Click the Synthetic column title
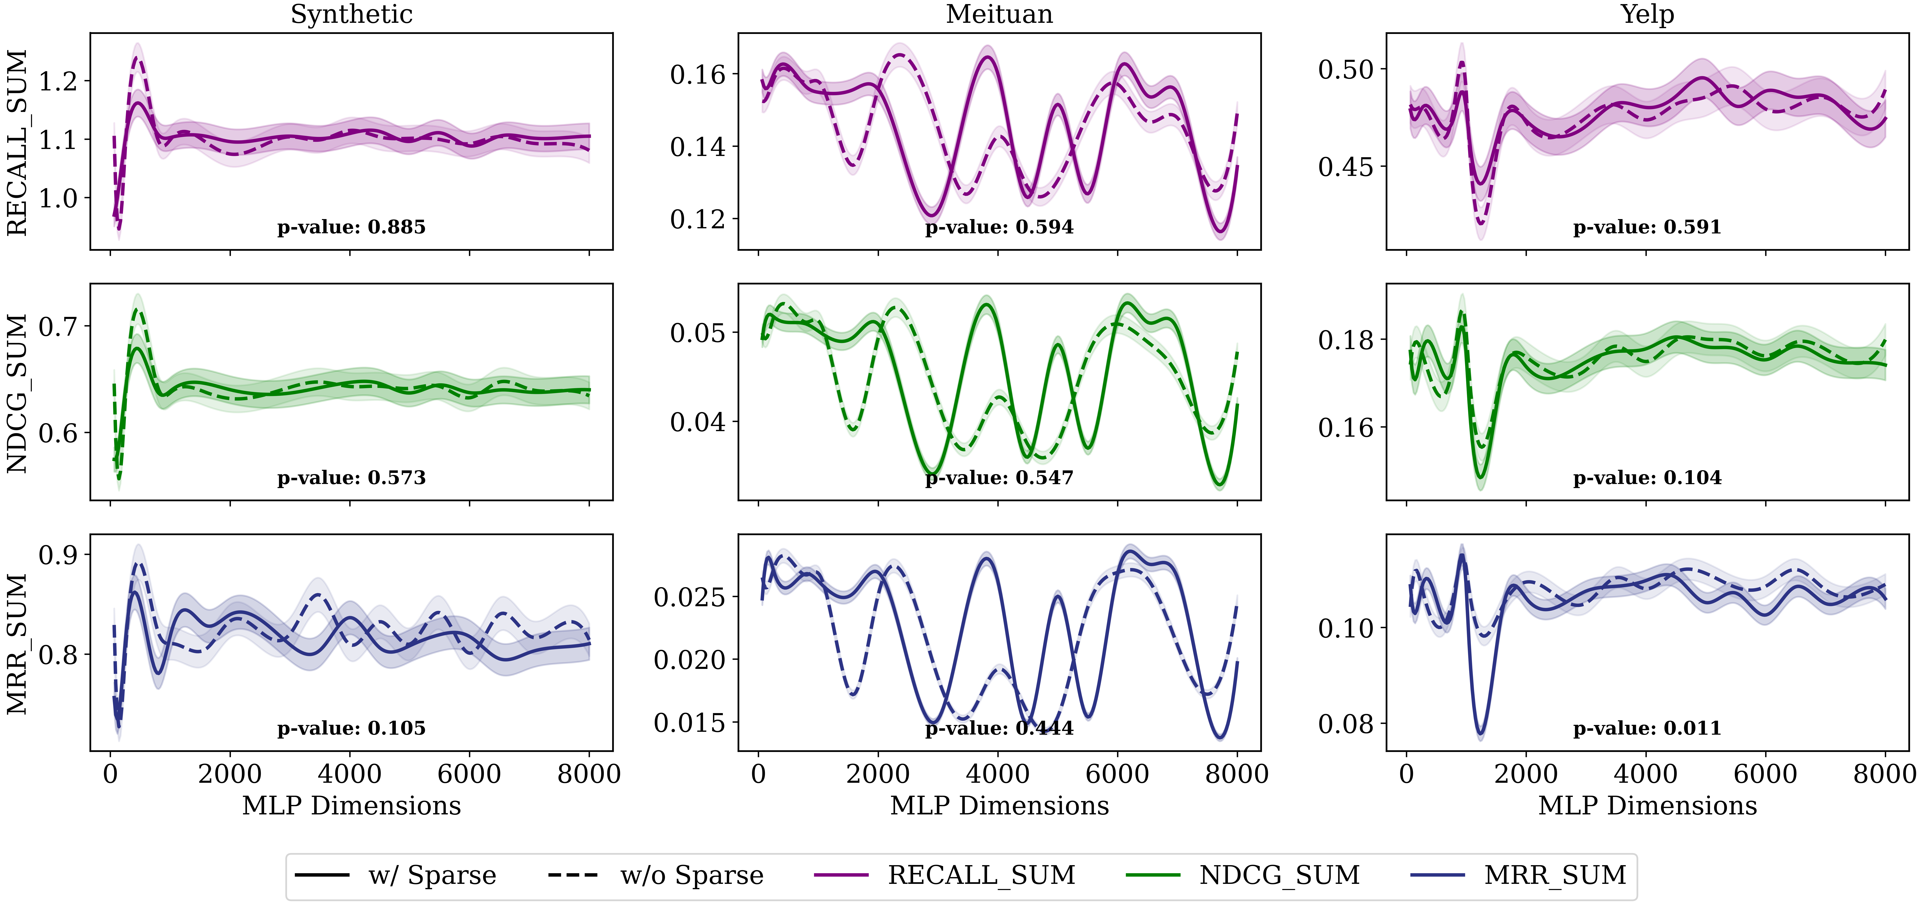tap(351, 14)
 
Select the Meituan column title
tap(999, 14)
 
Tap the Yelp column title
tap(1648, 14)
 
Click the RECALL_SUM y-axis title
tap(17, 143)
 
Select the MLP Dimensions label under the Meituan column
tap(999, 806)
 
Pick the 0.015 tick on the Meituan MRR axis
tap(689, 722)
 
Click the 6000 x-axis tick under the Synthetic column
tap(469, 775)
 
